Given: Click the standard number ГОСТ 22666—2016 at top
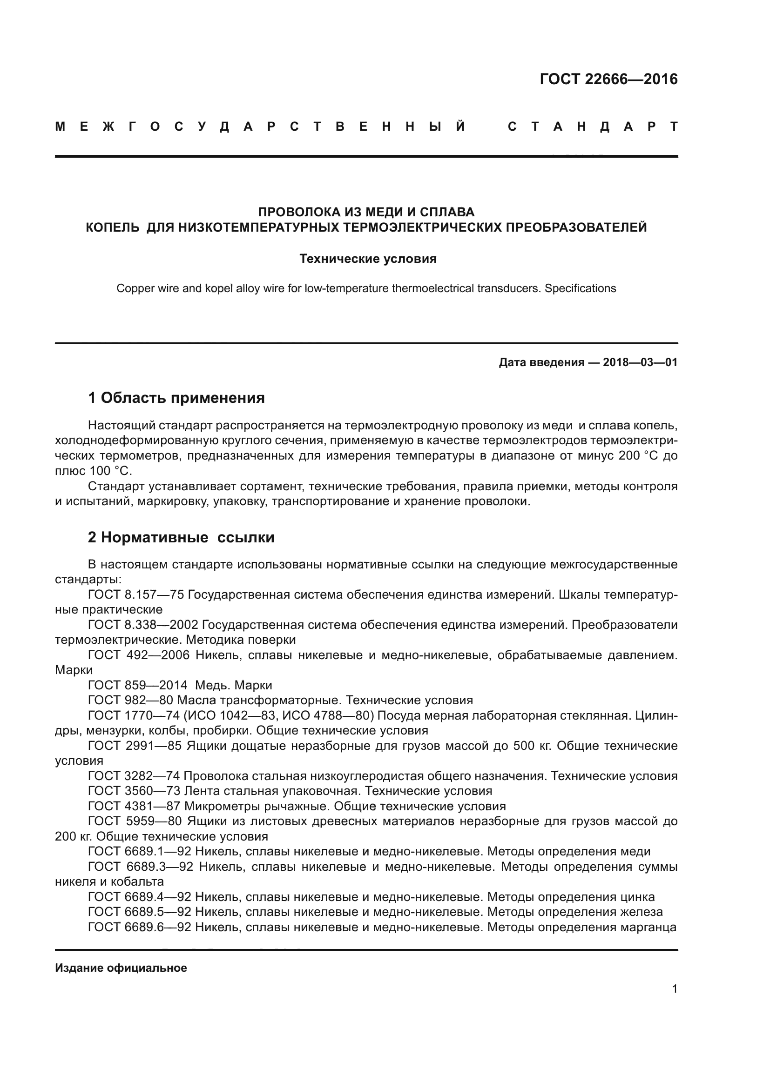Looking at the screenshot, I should [608, 79].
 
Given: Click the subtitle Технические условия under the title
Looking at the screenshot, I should [368, 259].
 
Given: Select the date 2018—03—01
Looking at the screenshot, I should [640, 362].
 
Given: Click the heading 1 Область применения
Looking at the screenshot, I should [176, 398].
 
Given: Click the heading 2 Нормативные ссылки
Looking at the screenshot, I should [181, 537].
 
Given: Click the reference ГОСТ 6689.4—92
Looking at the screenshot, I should [139, 896].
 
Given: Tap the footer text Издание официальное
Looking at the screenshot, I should [121, 968].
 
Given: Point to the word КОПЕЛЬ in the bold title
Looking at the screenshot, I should [112, 227].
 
